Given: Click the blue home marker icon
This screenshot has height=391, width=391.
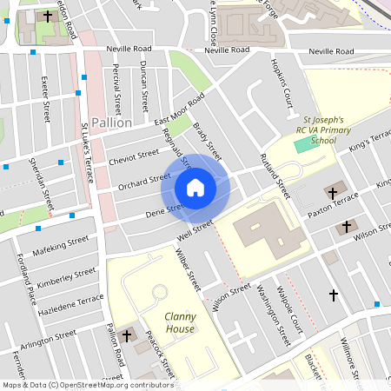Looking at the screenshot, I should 195,187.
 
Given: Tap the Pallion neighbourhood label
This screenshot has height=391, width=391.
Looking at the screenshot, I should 111,123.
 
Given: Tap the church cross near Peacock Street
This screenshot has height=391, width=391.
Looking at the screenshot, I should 127,335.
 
